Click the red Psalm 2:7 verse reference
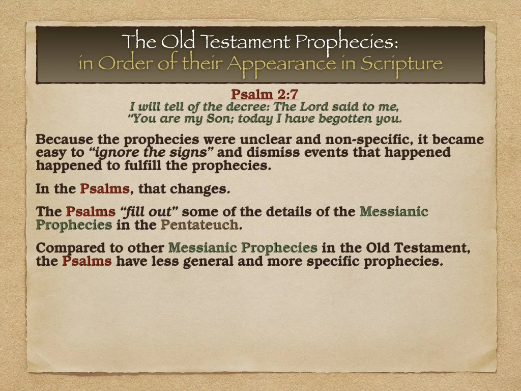tap(264, 94)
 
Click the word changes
tap(200, 189)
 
